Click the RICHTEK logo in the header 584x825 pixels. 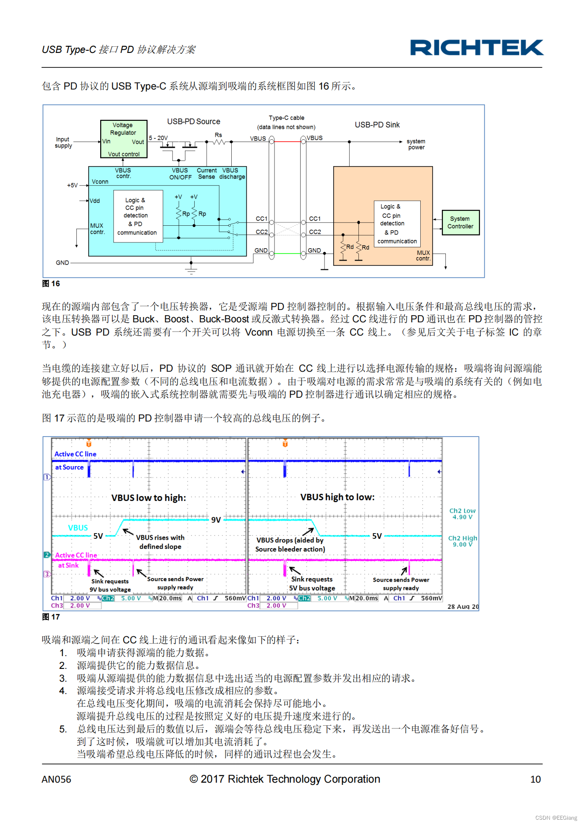click(x=476, y=48)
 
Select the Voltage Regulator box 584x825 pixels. click(x=124, y=139)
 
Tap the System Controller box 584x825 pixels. click(x=460, y=223)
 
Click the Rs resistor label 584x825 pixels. click(x=219, y=135)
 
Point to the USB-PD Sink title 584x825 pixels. click(x=377, y=125)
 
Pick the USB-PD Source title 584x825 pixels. click(x=193, y=121)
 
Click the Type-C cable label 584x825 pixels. click(x=286, y=118)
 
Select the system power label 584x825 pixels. click(x=416, y=144)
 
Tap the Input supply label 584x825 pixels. click(x=63, y=142)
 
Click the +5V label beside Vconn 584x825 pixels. click(x=72, y=185)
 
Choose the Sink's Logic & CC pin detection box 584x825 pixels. click(x=397, y=224)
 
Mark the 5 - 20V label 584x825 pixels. click(x=158, y=138)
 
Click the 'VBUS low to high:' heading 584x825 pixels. click(x=148, y=498)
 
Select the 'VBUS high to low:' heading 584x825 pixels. click(x=337, y=497)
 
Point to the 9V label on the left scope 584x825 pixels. click(x=216, y=520)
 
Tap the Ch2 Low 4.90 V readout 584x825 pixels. click(x=462, y=514)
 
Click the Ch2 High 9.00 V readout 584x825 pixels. click(x=462, y=541)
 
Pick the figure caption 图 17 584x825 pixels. click(x=51, y=617)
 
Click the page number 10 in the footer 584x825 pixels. click(x=535, y=779)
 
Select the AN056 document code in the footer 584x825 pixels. click(x=56, y=779)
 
